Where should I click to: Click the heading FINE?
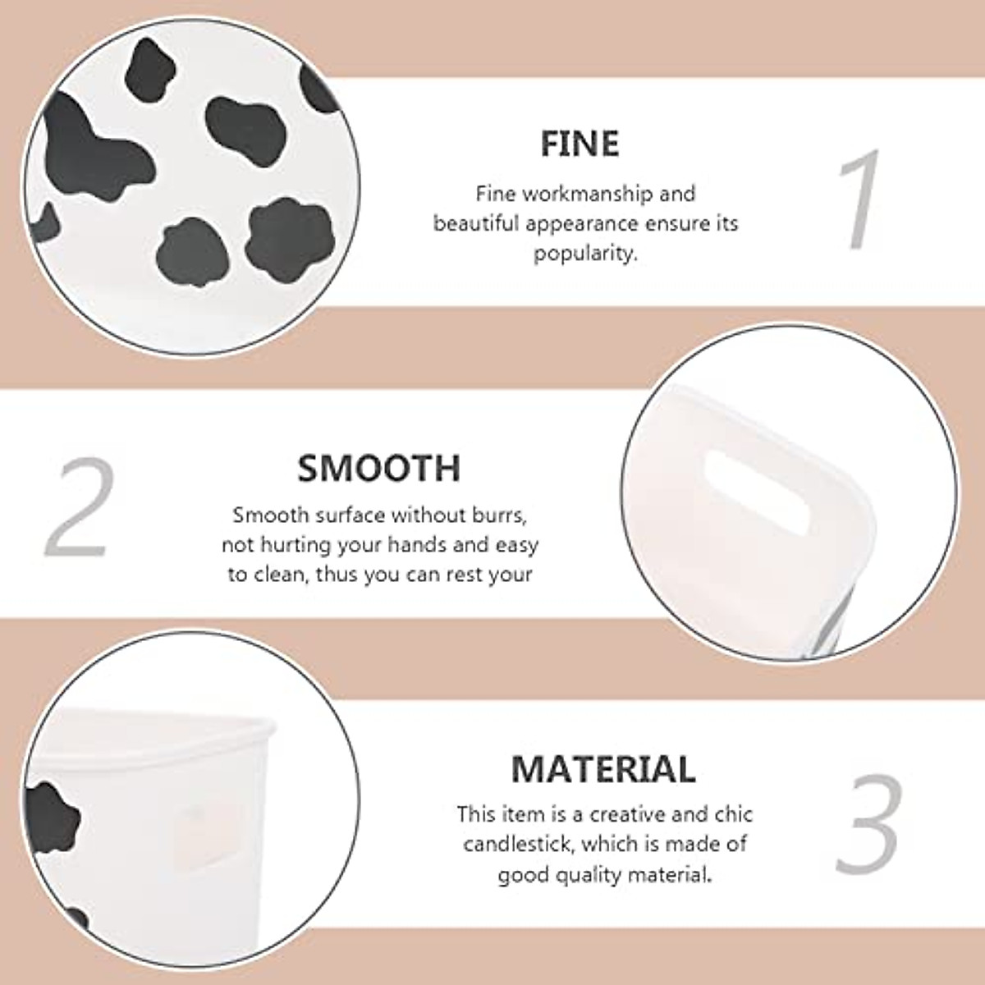click(x=580, y=144)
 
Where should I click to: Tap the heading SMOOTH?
click(x=378, y=468)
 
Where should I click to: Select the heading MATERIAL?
click(x=603, y=769)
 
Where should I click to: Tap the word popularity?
click(x=585, y=254)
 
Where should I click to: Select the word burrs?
click(x=495, y=515)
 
